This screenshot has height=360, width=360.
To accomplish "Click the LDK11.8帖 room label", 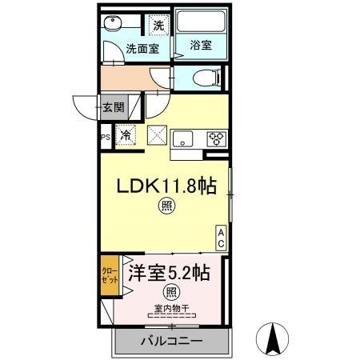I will (x=167, y=187).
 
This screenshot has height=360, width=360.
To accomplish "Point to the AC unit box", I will (x=222, y=237).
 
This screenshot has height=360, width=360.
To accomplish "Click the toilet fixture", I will (x=199, y=78).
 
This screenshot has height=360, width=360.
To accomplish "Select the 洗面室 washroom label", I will (x=142, y=50).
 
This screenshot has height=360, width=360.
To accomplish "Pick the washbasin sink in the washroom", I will (x=114, y=25).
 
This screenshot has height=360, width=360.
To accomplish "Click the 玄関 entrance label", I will (x=113, y=106).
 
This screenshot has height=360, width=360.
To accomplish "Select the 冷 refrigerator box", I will (x=126, y=137).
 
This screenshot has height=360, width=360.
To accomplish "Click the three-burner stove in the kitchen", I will (x=217, y=138).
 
